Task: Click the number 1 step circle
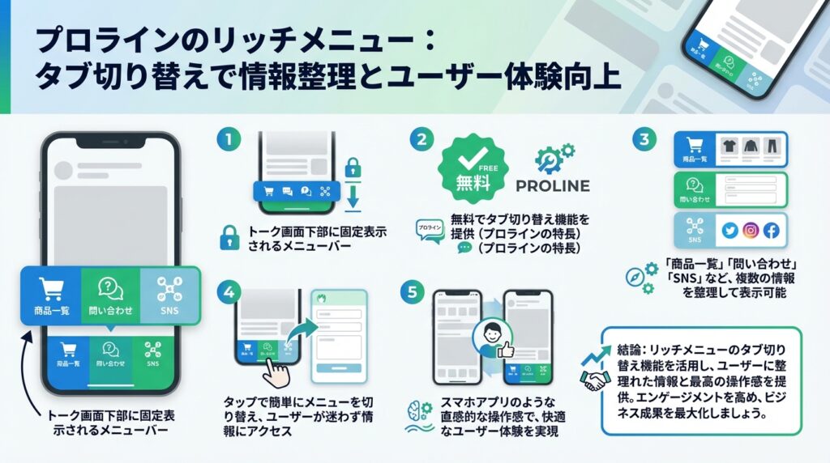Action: pos(229,138)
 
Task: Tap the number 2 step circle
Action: pos(420,138)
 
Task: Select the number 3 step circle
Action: pos(644,138)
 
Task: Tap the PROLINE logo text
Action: pos(553,185)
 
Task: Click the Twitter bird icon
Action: pos(729,231)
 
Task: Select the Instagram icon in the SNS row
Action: pos(751,231)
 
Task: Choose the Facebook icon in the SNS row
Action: pos(771,231)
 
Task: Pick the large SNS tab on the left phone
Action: pos(169,295)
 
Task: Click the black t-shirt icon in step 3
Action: pos(726,148)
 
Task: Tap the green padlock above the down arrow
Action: pos(353,168)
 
